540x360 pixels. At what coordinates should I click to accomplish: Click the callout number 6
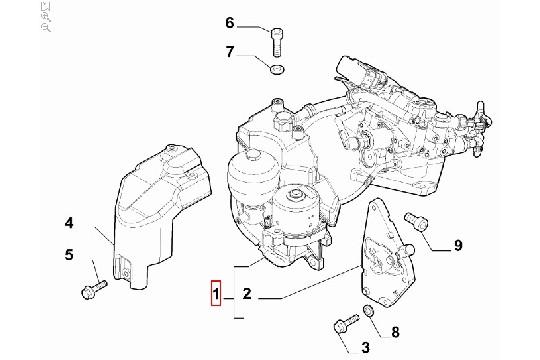[x=229, y=23]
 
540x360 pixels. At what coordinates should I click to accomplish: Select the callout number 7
[x=229, y=51]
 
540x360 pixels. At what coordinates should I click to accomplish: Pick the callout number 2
[x=246, y=295]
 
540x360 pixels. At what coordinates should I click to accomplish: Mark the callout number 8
[x=394, y=331]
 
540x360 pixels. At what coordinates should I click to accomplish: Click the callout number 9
[x=457, y=245]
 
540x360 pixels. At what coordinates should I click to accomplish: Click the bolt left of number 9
[x=411, y=222]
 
